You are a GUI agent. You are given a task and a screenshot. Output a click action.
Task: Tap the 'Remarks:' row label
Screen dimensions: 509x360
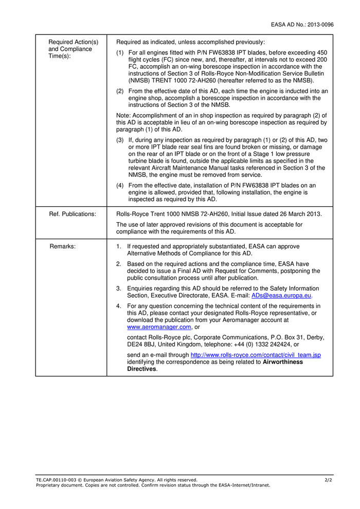[63, 246]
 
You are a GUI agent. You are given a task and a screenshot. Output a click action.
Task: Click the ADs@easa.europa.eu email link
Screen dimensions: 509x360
[282, 296]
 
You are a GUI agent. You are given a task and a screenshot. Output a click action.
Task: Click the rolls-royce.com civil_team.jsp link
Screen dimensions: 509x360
[256, 355]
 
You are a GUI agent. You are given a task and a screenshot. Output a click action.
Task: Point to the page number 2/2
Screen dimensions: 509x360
[329, 480]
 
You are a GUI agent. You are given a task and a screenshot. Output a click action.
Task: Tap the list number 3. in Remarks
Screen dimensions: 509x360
[119, 288]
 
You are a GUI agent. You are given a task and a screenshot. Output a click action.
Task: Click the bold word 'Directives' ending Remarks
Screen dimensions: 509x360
[142, 369]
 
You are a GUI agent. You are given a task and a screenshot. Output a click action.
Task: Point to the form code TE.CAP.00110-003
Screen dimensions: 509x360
[57, 480]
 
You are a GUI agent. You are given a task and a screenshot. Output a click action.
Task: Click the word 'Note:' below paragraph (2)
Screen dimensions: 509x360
[123, 116]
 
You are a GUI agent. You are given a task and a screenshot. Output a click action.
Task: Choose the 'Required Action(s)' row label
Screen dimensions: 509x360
[73, 42]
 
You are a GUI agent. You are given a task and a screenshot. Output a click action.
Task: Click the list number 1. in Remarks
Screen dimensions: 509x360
[119, 246]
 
